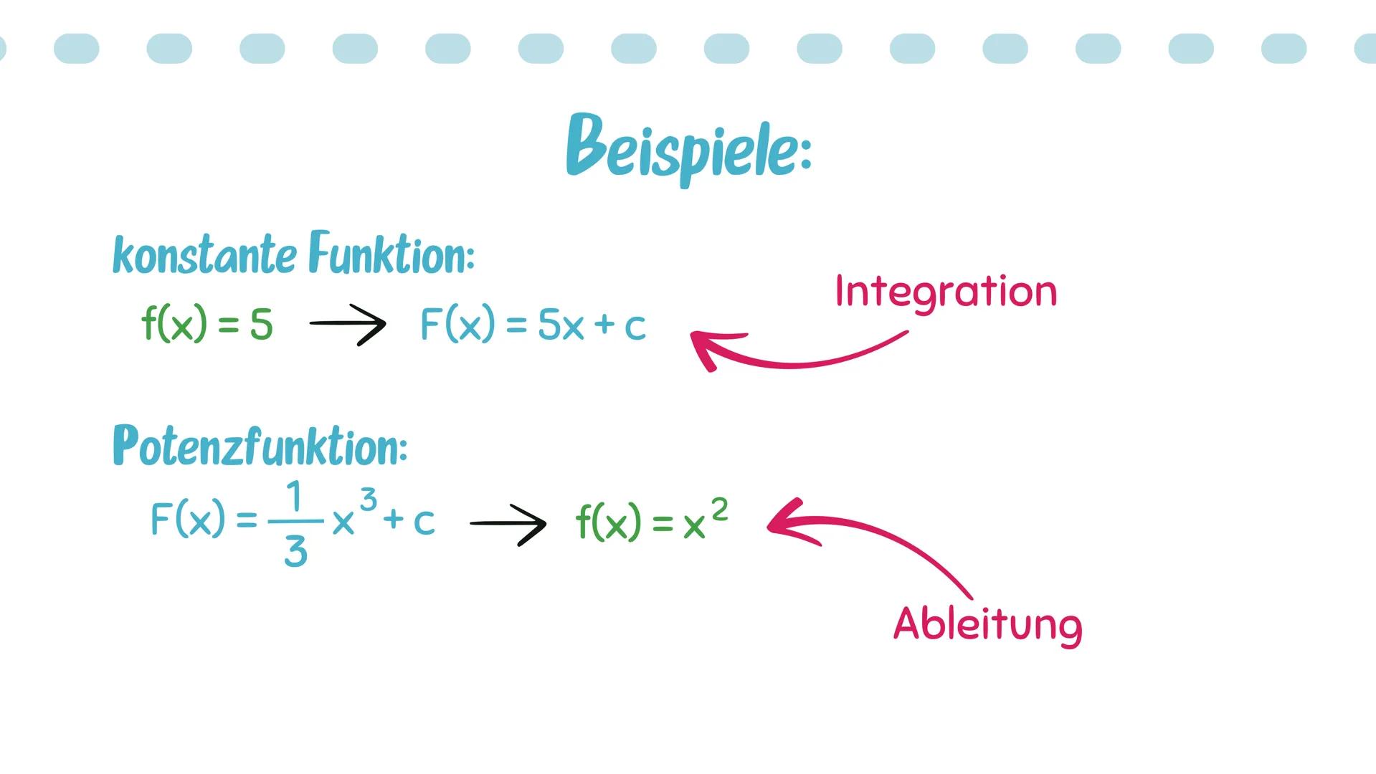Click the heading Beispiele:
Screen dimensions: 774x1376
[x=688, y=149]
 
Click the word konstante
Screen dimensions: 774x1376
[x=204, y=255]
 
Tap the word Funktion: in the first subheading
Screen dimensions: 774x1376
[x=392, y=254]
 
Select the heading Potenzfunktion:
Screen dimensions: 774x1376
[x=260, y=446]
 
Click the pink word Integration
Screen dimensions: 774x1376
[x=946, y=292]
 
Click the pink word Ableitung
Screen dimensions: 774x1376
[x=987, y=624]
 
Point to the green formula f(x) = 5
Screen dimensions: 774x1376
[x=207, y=324]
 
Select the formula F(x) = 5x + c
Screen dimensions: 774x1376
[x=533, y=325]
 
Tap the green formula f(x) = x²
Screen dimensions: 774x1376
[x=652, y=522]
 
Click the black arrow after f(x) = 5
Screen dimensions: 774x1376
[x=348, y=324]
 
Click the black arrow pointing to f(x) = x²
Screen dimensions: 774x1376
[x=508, y=524]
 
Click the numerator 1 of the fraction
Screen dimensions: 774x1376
[x=294, y=496]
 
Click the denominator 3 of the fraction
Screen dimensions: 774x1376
[x=295, y=552]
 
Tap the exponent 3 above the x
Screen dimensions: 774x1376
[x=368, y=500]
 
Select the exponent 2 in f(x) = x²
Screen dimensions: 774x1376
[x=719, y=510]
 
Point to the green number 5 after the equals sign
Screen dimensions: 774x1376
[x=262, y=325]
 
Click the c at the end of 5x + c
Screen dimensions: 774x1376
[x=635, y=327]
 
